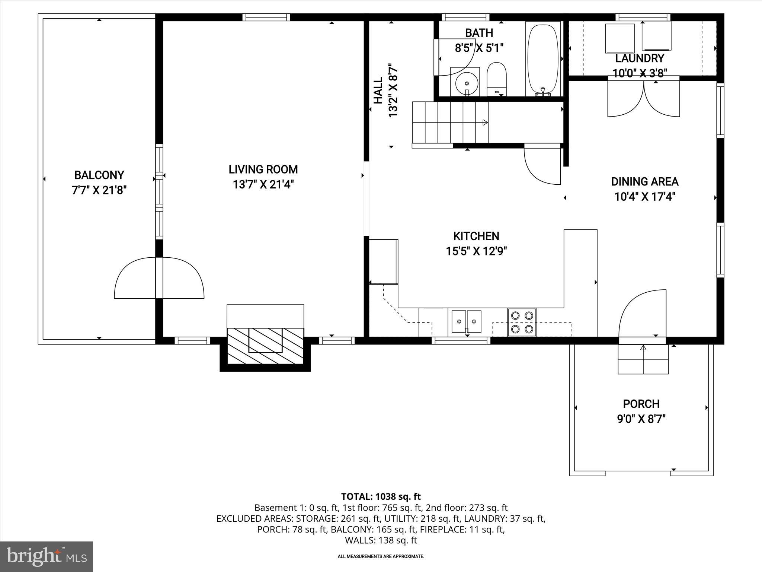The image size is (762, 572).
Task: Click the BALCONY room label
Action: click(x=99, y=175)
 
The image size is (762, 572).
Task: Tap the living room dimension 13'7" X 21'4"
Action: click(x=263, y=185)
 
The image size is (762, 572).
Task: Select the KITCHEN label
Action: click(x=476, y=236)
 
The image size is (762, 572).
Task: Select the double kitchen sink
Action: click(x=467, y=321)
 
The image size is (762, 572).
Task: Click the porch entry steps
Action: click(x=643, y=359)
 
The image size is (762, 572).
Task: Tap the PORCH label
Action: click(x=641, y=404)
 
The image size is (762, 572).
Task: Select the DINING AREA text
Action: click(x=644, y=182)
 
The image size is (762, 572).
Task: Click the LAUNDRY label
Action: click(x=639, y=58)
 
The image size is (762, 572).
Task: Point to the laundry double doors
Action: click(x=644, y=99)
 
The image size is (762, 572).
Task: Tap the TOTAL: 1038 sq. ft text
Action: click(x=381, y=496)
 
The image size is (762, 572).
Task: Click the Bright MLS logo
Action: click(x=47, y=556)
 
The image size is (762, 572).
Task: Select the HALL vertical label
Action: click(x=378, y=90)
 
